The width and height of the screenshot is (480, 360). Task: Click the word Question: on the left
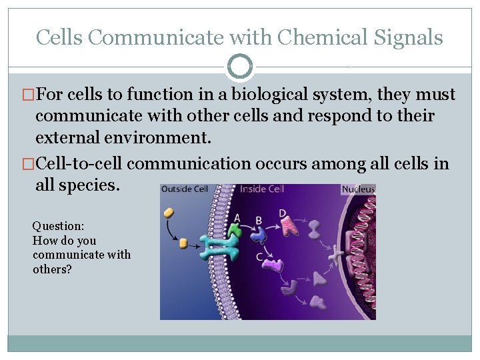pos(58,227)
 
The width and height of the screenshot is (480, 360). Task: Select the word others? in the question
pos(52,269)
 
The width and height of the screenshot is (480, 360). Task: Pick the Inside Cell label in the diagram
pos(263,189)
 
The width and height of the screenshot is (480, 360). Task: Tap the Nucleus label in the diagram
pos(358,189)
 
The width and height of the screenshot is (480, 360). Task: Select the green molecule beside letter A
pos(235,231)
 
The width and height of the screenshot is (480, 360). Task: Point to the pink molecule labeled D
pos(289,227)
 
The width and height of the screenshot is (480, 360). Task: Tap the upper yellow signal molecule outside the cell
pos(169,213)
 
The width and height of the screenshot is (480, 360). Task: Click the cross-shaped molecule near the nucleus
pos(334,253)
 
